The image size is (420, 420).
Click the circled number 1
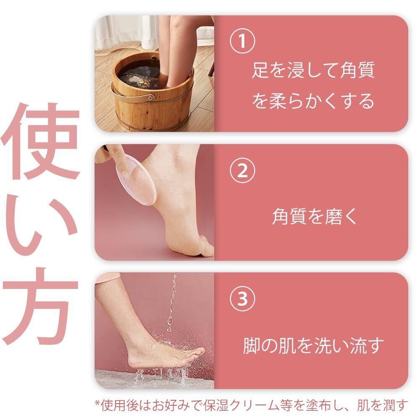point(242,41)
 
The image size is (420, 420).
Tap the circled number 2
point(242,170)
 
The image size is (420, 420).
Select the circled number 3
point(242,298)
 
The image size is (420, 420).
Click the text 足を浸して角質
point(313,70)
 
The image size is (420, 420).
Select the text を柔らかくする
point(313,101)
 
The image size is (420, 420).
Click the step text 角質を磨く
point(314,216)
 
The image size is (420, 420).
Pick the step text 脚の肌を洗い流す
point(313,345)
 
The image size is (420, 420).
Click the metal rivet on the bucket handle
point(151,97)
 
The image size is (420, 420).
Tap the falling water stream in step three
point(172,303)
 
